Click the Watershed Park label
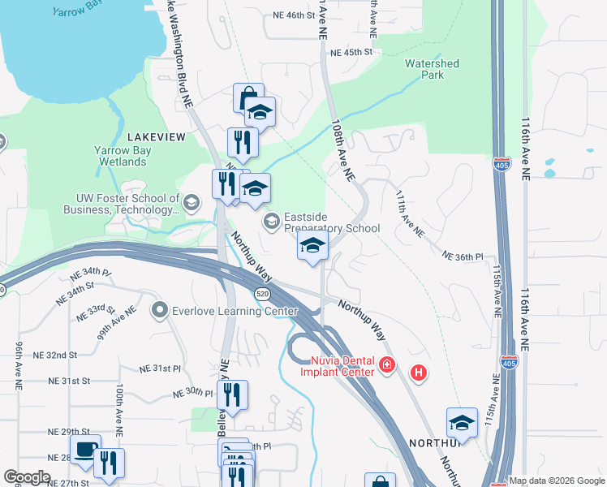tap(432, 69)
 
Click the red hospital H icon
tap(419, 373)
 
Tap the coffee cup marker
tap(84, 449)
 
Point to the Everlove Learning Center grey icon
tap(159, 310)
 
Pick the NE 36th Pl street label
tap(463, 256)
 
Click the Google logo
tap(28, 477)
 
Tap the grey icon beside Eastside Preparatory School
tap(269, 222)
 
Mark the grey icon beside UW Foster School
tap(192, 203)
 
